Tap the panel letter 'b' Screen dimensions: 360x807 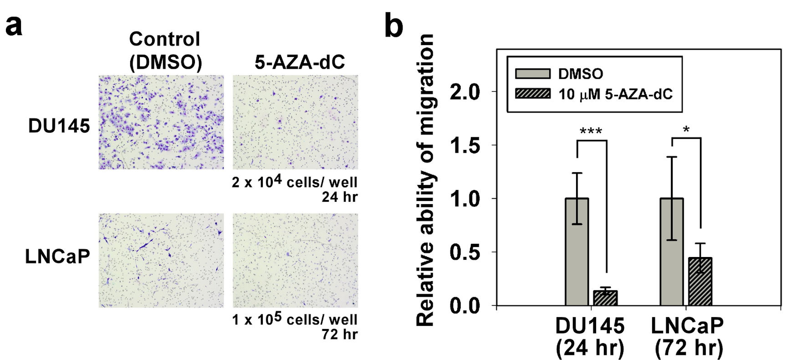click(394, 26)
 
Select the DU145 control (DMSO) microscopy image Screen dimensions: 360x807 click(161, 122)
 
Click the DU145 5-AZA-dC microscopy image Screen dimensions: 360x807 click(295, 122)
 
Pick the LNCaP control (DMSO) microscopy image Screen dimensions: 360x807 click(161, 260)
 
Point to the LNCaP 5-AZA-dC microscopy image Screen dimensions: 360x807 click(295, 260)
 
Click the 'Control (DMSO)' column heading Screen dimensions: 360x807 click(165, 51)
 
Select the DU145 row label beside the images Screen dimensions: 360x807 click(59, 126)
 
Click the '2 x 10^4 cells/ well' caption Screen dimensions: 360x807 click(295, 182)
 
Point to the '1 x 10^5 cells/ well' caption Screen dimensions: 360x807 click(295, 319)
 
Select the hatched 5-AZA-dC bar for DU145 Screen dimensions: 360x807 click(605, 298)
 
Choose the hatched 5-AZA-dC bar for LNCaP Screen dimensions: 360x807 click(700, 281)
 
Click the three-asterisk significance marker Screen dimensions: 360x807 click(591, 132)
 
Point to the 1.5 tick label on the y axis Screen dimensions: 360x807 click(465, 145)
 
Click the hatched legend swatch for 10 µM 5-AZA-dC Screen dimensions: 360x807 click(532, 94)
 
